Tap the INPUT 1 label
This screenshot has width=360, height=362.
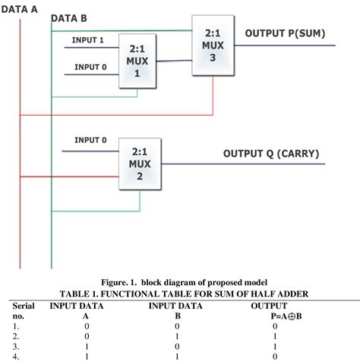click(88, 40)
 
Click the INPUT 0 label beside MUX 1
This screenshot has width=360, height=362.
click(90, 67)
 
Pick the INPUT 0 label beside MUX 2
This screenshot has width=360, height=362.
click(90, 140)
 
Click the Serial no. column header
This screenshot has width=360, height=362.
click(24, 310)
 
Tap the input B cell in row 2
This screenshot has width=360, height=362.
click(176, 335)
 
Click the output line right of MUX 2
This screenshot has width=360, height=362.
click(243, 164)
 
